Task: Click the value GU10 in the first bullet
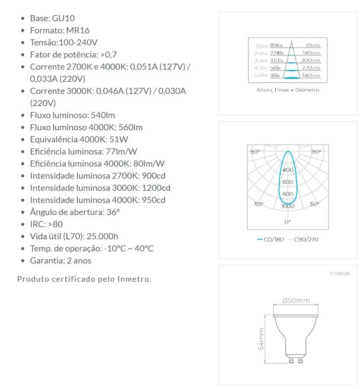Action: point(64,18)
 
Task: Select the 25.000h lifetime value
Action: point(102,236)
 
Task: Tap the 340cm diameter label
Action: point(311,76)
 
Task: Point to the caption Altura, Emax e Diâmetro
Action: point(287,90)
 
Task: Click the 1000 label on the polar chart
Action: point(288,206)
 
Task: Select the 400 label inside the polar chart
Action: point(288,170)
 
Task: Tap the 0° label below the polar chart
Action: point(288,222)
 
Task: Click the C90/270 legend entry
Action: point(306,239)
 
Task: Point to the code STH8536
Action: point(340,274)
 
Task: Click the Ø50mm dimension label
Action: point(296,301)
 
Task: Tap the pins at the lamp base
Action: point(296,359)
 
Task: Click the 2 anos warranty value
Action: point(79,260)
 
